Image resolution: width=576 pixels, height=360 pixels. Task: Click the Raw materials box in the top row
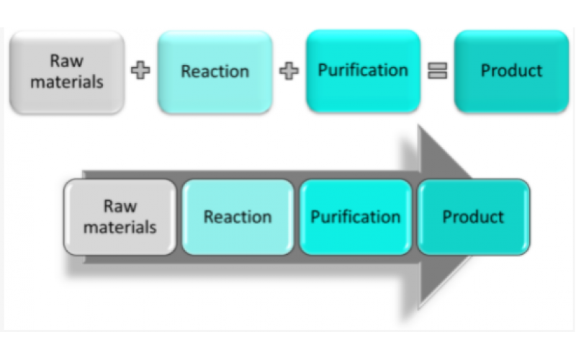pos(66,72)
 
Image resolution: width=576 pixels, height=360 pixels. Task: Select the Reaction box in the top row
pos(215,72)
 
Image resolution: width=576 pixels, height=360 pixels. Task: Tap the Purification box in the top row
pos(363,71)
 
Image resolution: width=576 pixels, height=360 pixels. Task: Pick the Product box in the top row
pos(511,71)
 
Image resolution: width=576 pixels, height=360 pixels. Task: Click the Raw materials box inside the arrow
pos(120,217)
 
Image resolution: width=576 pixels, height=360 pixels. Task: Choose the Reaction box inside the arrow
pos(238,217)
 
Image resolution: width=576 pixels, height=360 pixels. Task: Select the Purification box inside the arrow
pos(356,217)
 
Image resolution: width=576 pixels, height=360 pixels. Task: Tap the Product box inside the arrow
pos(473,217)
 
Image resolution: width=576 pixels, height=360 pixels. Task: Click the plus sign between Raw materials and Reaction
pos(142,72)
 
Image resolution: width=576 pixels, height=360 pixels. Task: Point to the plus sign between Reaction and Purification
pos(289,72)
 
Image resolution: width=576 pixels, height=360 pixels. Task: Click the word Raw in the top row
pos(66,61)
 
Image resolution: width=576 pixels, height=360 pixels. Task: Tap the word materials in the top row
pos(66,81)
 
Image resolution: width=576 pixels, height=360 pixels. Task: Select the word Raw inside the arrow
pos(120,207)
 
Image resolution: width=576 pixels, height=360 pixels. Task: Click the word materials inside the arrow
pos(120,227)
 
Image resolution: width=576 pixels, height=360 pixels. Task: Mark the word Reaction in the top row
pos(215,72)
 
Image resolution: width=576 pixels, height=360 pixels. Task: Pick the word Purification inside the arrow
pos(356,217)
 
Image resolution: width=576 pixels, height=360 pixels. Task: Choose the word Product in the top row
pos(511,71)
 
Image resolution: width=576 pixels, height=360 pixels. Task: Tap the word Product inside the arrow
pos(473,217)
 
